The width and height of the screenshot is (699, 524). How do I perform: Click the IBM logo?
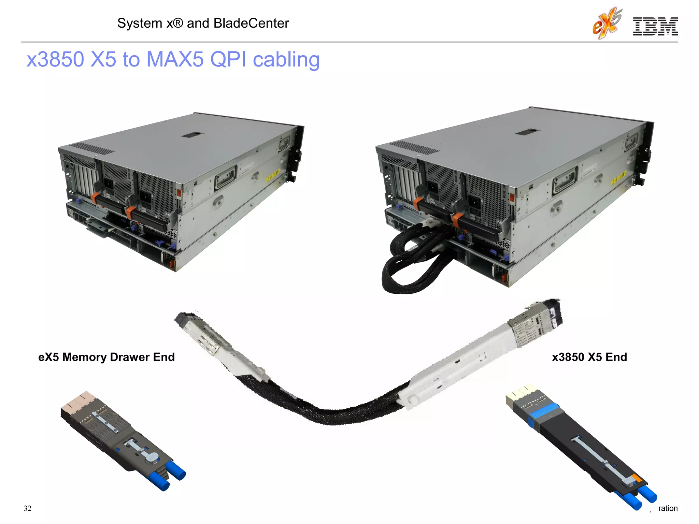[655, 26]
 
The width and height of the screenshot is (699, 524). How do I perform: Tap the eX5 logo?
[607, 23]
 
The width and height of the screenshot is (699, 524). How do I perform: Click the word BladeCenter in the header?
[251, 23]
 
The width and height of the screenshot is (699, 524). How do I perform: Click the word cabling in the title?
[286, 60]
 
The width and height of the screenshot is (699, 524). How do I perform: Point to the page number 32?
[28, 508]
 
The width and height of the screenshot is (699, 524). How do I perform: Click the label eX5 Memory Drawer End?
[106, 357]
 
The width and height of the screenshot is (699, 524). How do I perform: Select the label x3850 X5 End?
[589, 357]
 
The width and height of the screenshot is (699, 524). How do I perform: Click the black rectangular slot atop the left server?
[192, 135]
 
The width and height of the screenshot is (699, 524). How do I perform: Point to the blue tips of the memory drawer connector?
[172, 476]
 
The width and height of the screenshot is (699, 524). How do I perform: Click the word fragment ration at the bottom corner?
[668, 508]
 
